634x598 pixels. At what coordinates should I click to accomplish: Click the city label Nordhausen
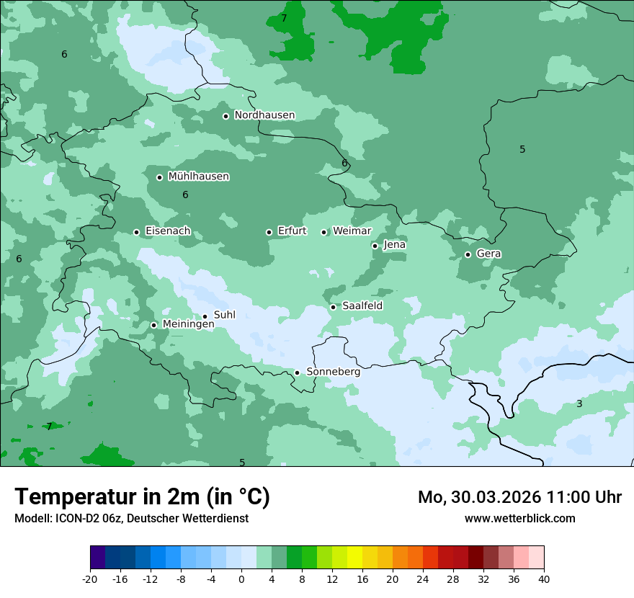point(264,115)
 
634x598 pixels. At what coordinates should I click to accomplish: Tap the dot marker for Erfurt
point(269,232)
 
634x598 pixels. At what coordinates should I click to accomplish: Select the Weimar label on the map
point(352,231)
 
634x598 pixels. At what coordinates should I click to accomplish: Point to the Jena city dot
point(375,246)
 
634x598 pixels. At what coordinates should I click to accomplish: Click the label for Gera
point(488,254)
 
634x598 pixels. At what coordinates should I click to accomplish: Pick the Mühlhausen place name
point(198,177)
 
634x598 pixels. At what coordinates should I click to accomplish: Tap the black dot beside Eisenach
point(136,232)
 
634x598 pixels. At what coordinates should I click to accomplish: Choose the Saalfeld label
point(362,306)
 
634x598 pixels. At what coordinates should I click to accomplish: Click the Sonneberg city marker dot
point(297,372)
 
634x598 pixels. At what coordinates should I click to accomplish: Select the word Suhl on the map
point(225,315)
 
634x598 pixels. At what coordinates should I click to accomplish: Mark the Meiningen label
point(188,324)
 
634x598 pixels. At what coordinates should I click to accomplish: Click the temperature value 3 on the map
point(579,403)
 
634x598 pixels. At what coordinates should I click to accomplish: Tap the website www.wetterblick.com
point(519,518)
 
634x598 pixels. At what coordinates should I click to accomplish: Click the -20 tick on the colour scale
point(90,579)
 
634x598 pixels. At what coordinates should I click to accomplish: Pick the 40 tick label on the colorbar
point(544,579)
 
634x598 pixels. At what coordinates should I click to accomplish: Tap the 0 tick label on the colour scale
point(241,579)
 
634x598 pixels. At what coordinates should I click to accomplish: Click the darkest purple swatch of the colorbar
point(98,558)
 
